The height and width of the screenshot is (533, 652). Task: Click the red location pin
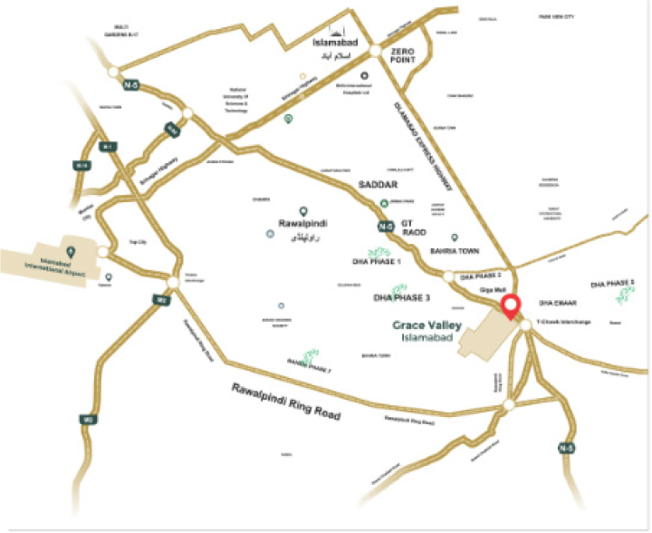[x=512, y=306]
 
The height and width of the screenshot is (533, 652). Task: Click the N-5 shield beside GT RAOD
[x=386, y=226]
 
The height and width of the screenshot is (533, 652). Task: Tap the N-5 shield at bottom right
[x=567, y=447]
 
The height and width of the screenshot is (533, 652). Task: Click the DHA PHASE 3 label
[x=402, y=296]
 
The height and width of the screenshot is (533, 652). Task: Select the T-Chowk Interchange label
[x=565, y=322]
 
